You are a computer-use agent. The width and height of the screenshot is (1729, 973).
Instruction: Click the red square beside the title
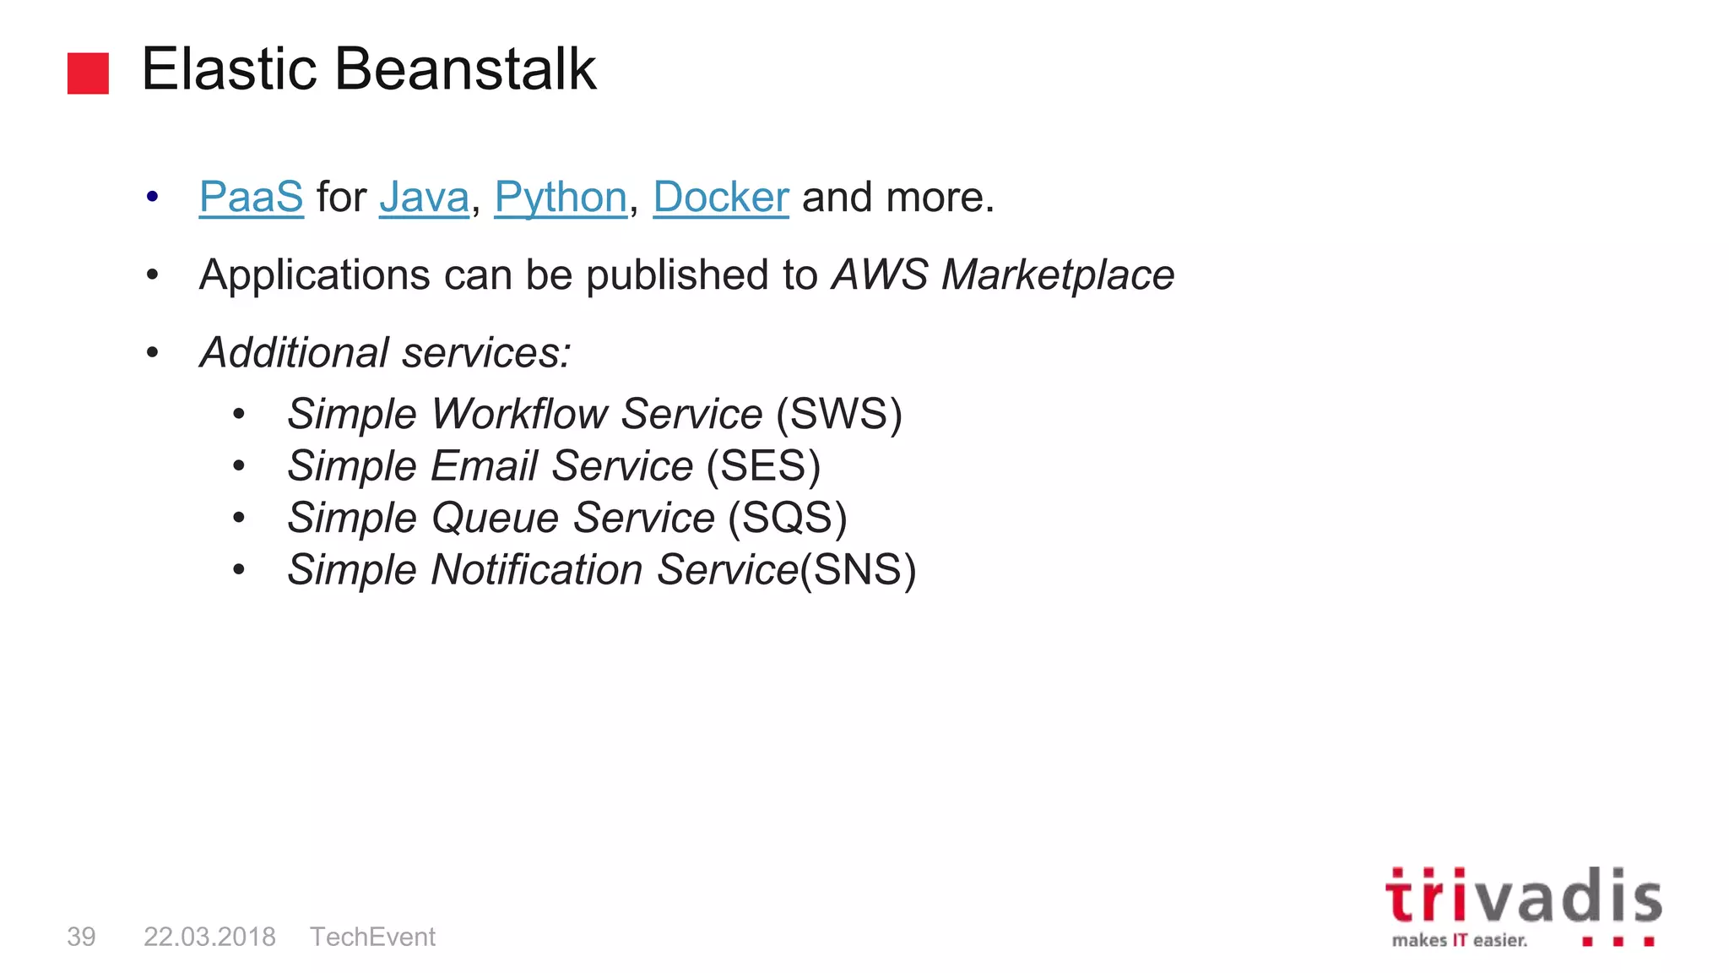(x=88, y=73)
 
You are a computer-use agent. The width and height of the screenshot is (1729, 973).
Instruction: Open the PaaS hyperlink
(x=251, y=198)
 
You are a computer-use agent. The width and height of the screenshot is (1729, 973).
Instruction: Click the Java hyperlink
(x=424, y=198)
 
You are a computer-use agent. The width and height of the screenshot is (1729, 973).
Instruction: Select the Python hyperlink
(x=561, y=198)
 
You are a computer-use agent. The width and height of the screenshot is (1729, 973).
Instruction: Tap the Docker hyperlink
(x=720, y=198)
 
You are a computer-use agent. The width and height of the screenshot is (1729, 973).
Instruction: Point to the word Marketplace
(x=1058, y=275)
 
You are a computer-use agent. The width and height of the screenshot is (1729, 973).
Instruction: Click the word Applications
(x=315, y=275)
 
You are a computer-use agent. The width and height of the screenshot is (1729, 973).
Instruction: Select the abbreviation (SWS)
(x=839, y=414)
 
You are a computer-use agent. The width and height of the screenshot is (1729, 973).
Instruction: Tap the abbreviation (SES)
(x=763, y=466)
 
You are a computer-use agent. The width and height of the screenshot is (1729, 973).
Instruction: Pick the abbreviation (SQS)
(x=787, y=518)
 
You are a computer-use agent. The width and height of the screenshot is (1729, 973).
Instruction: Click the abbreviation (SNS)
(x=858, y=570)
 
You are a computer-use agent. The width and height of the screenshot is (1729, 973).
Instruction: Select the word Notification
(x=537, y=570)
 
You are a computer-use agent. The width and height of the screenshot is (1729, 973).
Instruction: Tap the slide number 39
(x=81, y=937)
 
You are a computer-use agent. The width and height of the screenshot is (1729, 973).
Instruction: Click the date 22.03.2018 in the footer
(x=209, y=937)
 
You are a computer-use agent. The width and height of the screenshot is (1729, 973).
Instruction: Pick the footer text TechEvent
(x=372, y=937)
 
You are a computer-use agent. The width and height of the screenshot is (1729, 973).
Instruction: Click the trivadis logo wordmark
(x=1523, y=897)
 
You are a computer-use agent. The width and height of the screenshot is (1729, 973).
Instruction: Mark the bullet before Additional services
(x=152, y=353)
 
